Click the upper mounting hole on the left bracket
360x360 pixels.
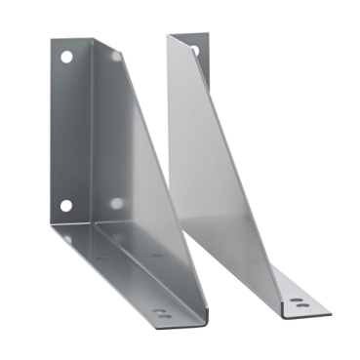point(66,58)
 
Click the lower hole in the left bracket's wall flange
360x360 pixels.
point(65,206)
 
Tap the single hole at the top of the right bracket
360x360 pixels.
point(193,48)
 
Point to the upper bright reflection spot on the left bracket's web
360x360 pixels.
point(116,58)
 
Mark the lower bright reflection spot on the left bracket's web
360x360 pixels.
point(116,203)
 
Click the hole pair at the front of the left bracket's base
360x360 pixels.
point(161,313)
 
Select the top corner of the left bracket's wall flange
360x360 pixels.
point(53,41)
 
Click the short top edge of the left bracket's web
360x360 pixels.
point(107,42)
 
